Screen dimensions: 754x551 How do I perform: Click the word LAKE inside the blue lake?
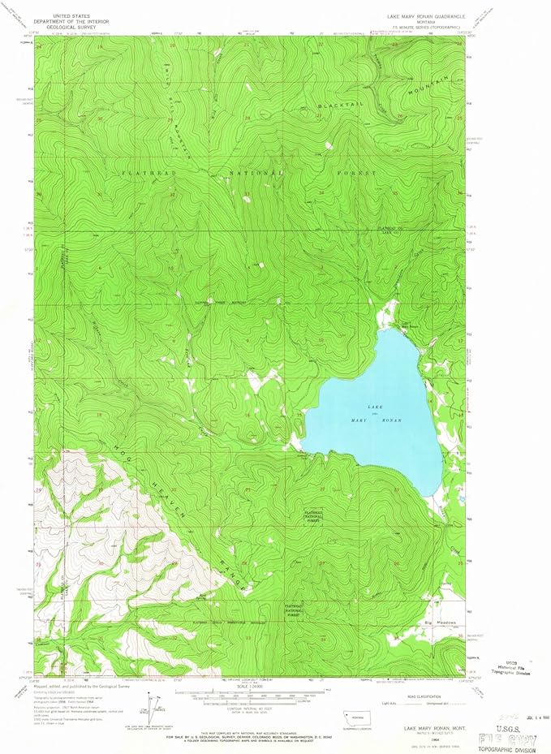pos(374,406)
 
